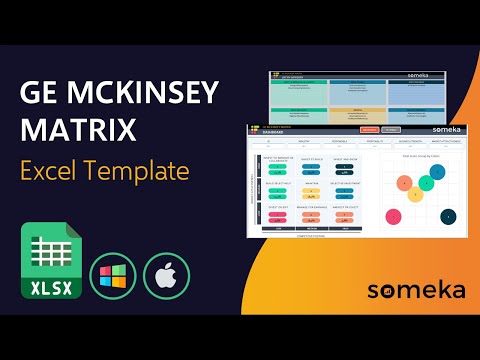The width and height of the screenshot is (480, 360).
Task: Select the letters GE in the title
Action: click(39, 95)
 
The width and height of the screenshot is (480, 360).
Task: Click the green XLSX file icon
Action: click(48, 263)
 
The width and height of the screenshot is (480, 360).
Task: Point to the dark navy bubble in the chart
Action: click(448, 215)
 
